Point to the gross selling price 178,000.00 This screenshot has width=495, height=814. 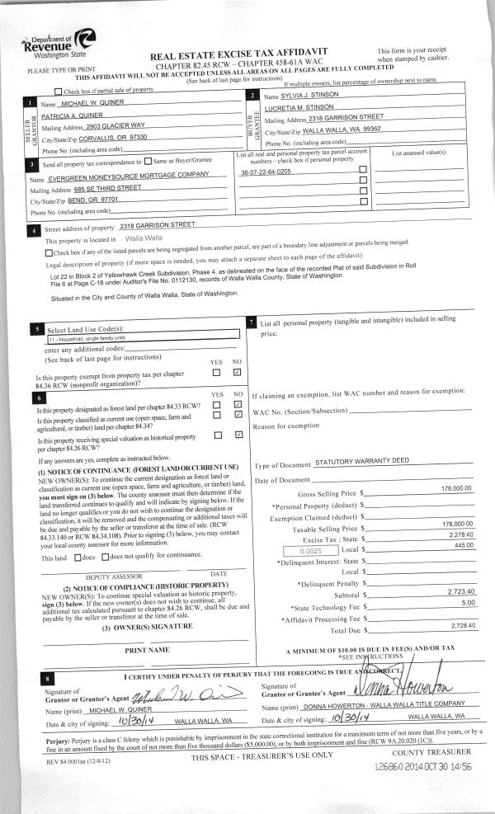456,489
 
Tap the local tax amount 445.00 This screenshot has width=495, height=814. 461,546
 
